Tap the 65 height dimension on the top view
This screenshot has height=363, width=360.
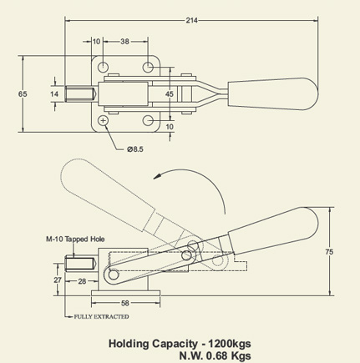pyautogui.click(x=23, y=95)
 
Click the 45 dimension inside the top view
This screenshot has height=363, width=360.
pyautogui.click(x=170, y=95)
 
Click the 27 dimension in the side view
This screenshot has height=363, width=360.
pyautogui.click(x=57, y=280)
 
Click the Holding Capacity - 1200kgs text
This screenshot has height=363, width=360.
pyautogui.click(x=180, y=342)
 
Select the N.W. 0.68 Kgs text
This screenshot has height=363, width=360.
pyautogui.click(x=214, y=355)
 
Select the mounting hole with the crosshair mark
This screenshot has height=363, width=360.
pyautogui.click(x=104, y=122)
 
